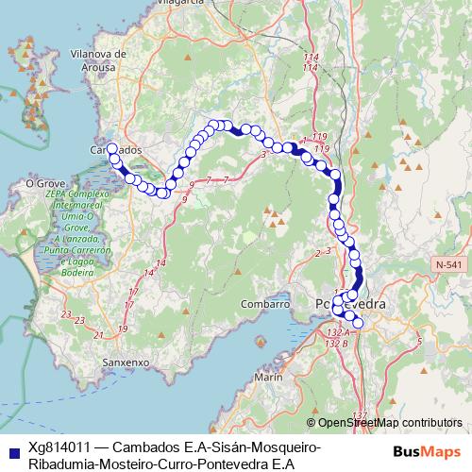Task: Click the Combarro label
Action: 264,305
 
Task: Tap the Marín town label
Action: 268,378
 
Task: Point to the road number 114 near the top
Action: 311,59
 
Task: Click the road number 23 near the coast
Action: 65,313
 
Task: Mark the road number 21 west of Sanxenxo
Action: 98,334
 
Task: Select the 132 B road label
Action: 334,343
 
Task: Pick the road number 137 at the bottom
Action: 359,414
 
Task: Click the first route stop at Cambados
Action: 111,148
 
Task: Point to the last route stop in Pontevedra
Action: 358,324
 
